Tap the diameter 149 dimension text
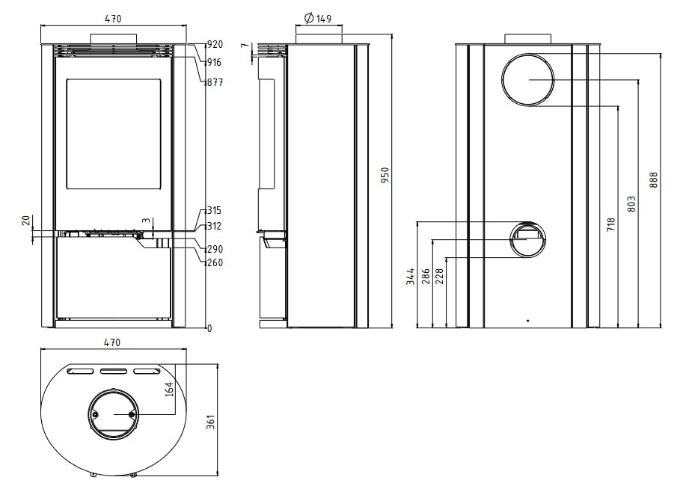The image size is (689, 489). coord(319,19)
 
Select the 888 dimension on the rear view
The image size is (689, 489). coord(654,180)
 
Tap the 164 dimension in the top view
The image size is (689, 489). coord(169,389)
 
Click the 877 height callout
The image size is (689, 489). coord(215,83)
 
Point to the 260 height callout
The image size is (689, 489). coord(215,262)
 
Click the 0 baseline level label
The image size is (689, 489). coord(210,328)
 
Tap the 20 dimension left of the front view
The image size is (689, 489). coord(25,221)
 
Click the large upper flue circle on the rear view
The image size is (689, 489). coord(528,80)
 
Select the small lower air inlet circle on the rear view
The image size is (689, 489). coord(528,239)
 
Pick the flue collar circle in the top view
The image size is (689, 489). coord(114,413)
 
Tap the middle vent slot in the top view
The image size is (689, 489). coord(114,371)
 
